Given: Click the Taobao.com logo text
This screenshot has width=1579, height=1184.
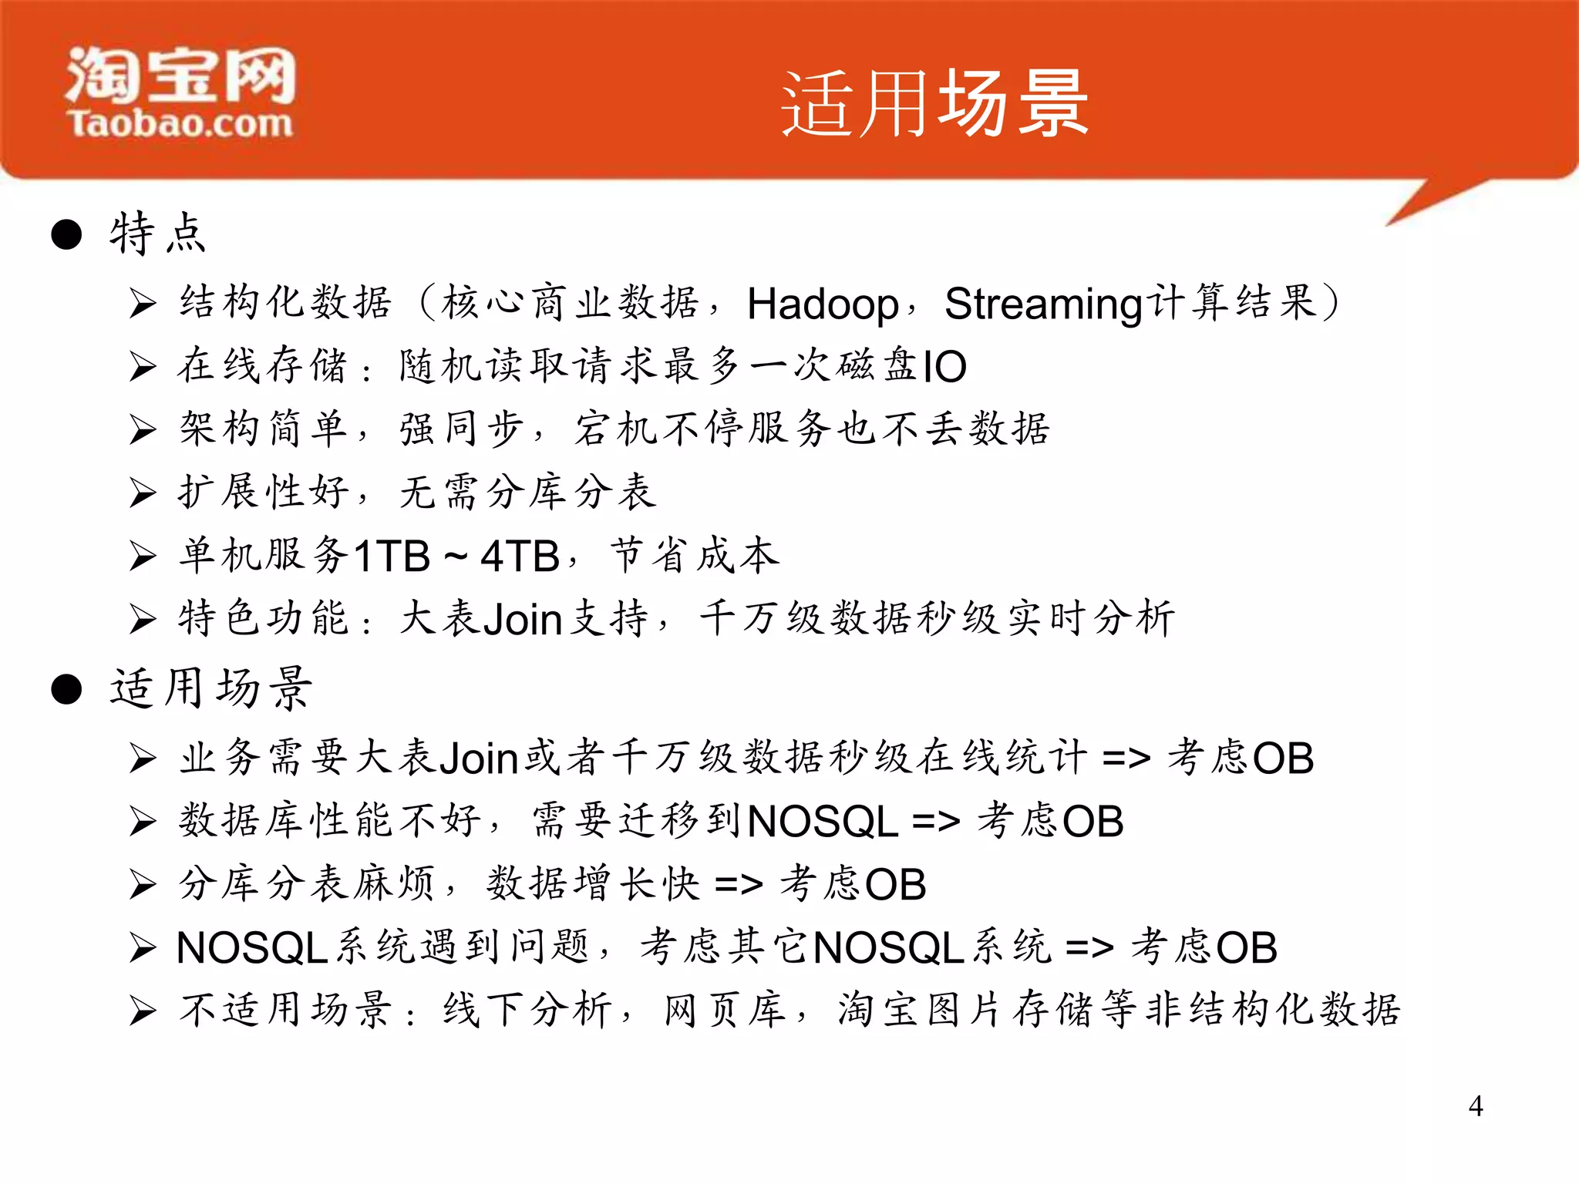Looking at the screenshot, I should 180,123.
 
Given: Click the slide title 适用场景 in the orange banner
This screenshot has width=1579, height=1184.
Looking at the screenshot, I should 934,104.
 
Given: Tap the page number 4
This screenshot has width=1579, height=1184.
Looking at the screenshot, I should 1476,1106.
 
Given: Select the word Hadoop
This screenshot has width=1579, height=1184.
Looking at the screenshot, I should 822,304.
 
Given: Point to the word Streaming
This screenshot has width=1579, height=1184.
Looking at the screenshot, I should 1043,304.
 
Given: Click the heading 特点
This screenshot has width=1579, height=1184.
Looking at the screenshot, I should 158,234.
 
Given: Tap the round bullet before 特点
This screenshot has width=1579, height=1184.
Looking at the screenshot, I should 66,234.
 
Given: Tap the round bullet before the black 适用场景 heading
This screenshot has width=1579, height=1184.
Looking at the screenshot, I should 66,689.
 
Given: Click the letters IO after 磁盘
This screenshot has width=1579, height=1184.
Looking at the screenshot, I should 944,367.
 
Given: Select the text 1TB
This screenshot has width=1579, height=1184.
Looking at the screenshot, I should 392,556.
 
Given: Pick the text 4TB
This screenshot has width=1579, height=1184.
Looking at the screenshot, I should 520,556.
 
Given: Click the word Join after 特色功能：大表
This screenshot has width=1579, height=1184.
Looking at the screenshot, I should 523,620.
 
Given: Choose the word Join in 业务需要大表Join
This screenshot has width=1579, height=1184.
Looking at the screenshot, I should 478,758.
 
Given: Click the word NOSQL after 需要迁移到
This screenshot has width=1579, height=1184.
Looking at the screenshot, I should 823,822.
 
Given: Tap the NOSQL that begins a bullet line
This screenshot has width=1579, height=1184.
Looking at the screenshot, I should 252,948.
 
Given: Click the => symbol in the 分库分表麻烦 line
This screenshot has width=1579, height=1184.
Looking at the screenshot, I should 739,885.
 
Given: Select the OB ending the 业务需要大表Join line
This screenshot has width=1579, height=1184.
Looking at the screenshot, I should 1283,758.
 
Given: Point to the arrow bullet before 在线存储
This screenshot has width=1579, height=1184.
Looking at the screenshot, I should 143,366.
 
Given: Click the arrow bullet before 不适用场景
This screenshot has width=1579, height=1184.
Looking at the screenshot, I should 143,1011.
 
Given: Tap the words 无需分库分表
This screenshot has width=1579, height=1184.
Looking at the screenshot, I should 528,493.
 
